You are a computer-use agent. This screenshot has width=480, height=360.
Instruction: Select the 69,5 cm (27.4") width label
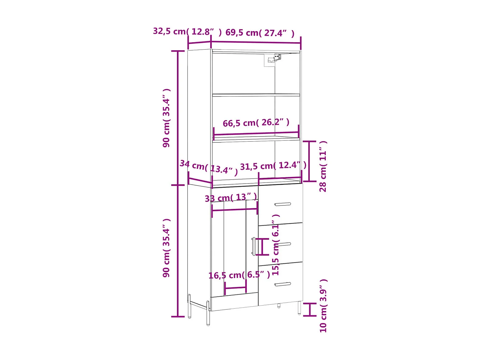click(x=260, y=33)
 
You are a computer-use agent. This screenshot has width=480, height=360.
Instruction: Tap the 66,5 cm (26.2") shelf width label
click(x=256, y=123)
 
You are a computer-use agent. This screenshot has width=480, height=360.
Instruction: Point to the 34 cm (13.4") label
click(x=209, y=167)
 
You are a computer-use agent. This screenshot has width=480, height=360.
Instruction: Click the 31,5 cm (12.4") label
click(x=273, y=165)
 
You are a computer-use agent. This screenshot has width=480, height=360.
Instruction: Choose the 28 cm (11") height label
click(x=323, y=166)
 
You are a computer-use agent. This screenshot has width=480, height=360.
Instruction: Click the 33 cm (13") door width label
click(x=231, y=197)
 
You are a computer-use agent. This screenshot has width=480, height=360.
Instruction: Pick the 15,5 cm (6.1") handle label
click(x=275, y=245)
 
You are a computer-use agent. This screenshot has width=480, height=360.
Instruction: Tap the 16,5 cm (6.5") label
click(x=239, y=275)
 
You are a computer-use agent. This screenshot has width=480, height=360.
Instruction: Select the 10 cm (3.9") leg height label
click(x=323, y=306)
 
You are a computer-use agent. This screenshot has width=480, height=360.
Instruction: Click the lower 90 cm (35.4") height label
click(x=166, y=248)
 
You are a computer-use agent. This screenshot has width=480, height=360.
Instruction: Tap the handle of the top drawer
click(x=283, y=204)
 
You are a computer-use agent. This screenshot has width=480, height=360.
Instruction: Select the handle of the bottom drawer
click(x=283, y=284)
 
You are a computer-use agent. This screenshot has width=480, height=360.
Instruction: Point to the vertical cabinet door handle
click(x=253, y=246)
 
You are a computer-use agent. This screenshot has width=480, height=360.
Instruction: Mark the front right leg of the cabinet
click(x=299, y=308)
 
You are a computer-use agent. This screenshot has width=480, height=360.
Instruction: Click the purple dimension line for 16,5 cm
click(x=236, y=288)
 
